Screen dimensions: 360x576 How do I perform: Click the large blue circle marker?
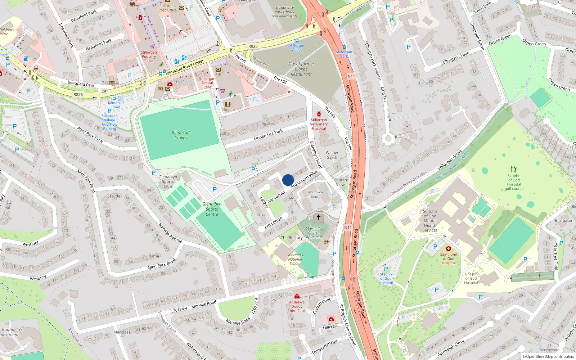click(288, 180)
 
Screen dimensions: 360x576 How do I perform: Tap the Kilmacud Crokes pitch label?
click(181, 135)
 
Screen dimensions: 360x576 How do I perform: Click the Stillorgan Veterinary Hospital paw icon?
click(319, 114)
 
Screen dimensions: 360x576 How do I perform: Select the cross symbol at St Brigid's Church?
click(318, 217)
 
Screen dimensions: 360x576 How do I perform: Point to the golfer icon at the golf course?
click(514, 169)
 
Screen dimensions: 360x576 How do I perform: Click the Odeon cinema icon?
click(228, 104)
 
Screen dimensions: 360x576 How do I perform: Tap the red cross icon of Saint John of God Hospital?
click(449, 249)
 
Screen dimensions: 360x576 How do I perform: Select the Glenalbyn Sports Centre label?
click(212, 209)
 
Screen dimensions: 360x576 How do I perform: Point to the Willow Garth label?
click(332, 155)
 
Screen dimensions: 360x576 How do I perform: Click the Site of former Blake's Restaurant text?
click(301, 69)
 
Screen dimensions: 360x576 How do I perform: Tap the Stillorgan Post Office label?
click(168, 8)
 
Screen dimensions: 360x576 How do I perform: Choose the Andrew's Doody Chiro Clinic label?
click(297, 306)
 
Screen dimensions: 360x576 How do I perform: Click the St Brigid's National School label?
click(295, 259)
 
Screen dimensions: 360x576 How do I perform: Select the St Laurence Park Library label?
click(284, 12)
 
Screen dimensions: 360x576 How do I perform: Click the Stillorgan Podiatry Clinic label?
click(149, 57)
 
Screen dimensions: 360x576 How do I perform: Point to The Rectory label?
click(292, 238)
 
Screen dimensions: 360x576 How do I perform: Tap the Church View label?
click(340, 182)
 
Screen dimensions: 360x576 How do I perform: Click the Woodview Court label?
click(315, 194)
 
